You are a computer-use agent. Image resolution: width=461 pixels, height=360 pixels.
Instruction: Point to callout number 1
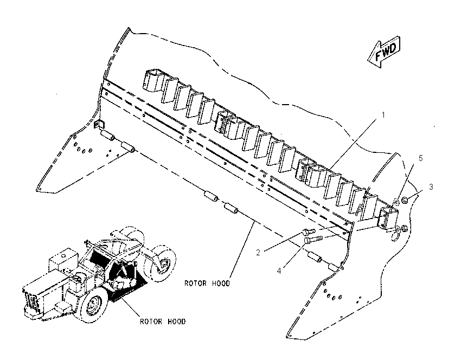click(383, 114)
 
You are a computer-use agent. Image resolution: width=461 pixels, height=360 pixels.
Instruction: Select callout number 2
click(258, 253)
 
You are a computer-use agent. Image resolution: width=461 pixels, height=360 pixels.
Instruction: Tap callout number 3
click(431, 187)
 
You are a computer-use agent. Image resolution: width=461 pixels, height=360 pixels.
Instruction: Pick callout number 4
click(279, 271)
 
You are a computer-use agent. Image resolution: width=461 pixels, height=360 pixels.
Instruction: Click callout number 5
click(420, 158)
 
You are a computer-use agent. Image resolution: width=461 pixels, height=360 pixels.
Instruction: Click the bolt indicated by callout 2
click(309, 232)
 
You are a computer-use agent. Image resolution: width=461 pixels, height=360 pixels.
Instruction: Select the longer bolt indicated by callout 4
click(313, 239)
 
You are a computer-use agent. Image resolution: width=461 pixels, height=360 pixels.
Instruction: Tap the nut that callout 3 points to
click(405, 200)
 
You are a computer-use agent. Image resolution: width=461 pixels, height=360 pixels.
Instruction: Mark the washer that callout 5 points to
click(396, 202)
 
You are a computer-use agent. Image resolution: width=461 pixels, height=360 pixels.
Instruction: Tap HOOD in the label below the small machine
click(177, 322)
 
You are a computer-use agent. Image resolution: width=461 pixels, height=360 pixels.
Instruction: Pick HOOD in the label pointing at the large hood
click(221, 284)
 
